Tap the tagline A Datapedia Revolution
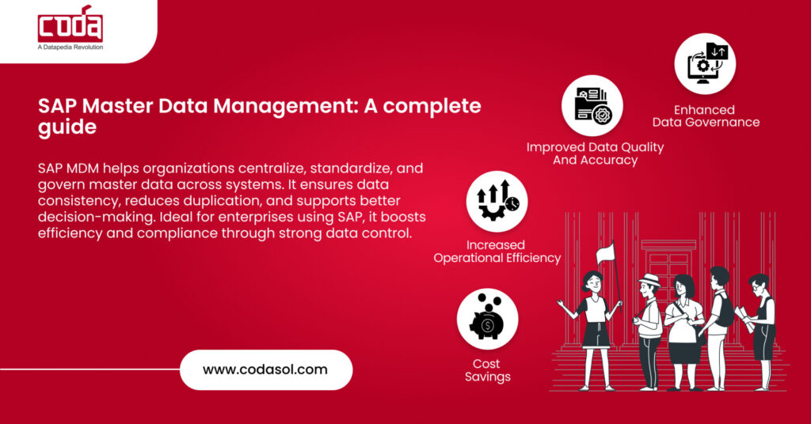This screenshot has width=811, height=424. pyautogui.click(x=70, y=47)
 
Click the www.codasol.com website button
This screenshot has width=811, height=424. pyautogui.click(x=265, y=369)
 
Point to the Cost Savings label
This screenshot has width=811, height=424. pyautogui.click(x=487, y=370)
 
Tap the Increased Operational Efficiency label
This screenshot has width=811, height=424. pyautogui.click(x=497, y=252)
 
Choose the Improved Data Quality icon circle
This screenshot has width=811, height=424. pyautogui.click(x=592, y=106)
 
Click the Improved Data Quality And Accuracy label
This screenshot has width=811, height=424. pyautogui.click(x=595, y=153)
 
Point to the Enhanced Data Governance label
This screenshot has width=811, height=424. pyautogui.click(x=706, y=116)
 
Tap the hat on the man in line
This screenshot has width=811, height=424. pyautogui.click(x=650, y=279)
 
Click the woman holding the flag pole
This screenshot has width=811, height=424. pyautogui.click(x=595, y=316)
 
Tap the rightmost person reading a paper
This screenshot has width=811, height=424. pyautogui.click(x=762, y=324)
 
